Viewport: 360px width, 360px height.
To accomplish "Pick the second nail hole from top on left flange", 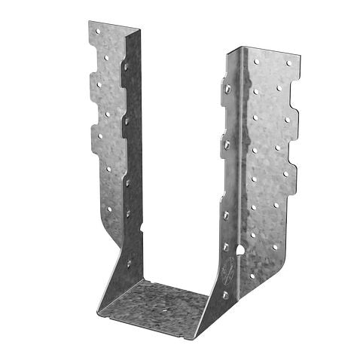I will (x=108, y=56).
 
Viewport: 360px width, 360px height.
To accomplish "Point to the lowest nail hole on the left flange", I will (x=110, y=209).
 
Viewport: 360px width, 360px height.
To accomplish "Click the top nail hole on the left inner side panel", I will (x=125, y=67).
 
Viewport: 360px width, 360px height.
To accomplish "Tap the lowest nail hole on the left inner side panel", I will (x=128, y=263).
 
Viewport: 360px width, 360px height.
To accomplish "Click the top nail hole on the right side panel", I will (x=228, y=88).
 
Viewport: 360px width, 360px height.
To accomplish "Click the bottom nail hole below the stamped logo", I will (x=224, y=294).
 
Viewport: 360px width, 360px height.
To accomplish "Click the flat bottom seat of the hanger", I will (x=154, y=305).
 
